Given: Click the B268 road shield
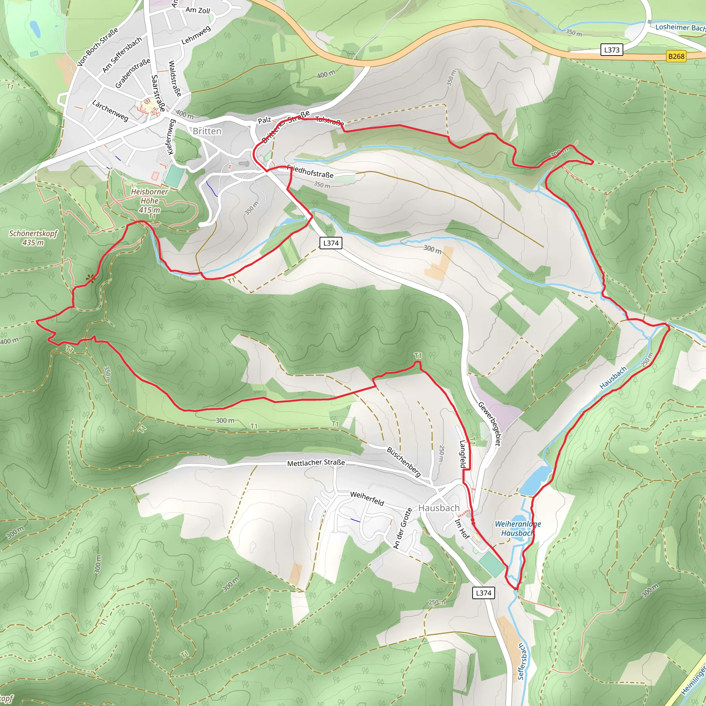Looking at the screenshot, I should tap(676, 56).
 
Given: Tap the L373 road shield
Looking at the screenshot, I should tap(612, 50).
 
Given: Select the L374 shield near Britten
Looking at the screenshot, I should tap(331, 243).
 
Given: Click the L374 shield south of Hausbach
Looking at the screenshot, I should tap(483, 593).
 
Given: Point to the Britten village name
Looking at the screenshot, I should tap(207, 131).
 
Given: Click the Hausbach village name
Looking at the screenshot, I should tap(439, 508).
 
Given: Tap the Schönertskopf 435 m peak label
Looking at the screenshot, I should tap(33, 238).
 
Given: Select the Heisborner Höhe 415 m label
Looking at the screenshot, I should tap(150, 201).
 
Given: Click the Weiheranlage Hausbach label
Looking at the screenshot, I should tap(517, 528).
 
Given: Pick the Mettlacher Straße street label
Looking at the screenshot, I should tap(316, 463).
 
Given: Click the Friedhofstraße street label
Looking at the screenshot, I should tap(311, 171).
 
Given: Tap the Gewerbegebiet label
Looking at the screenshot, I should tap(489, 424).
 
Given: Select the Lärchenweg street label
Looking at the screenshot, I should tap(110, 110).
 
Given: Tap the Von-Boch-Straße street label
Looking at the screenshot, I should tap(98, 47).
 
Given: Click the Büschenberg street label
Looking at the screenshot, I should tap(404, 462).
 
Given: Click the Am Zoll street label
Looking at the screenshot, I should tap(198, 10).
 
